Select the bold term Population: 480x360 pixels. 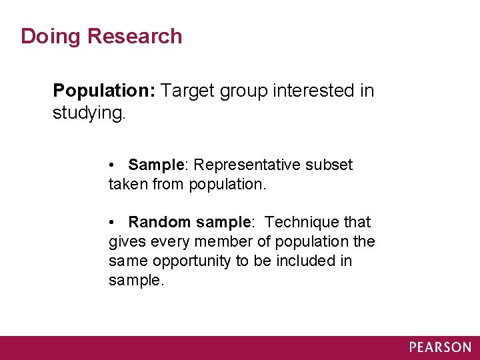click(x=105, y=91)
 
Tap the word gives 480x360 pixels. click(x=125, y=241)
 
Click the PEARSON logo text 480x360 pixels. click(x=439, y=347)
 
